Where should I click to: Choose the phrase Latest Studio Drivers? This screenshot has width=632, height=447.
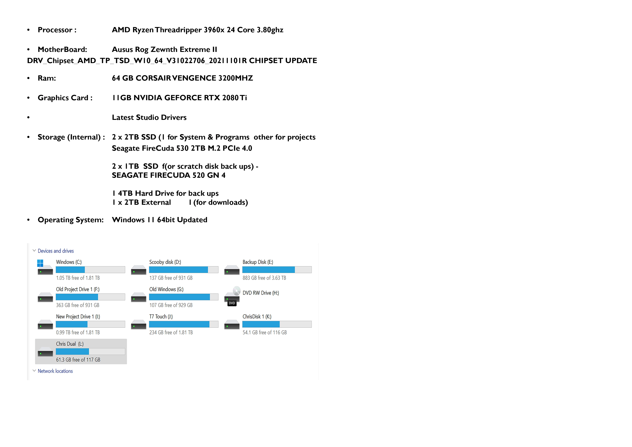pyautogui.click(x=149, y=117)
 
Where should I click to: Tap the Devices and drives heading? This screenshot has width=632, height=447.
pyautogui.click(x=56, y=251)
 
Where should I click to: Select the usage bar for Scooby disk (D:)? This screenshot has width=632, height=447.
pyautogui.click(x=184, y=270)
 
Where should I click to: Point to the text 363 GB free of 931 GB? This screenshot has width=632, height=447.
pyautogui.click(x=78, y=305)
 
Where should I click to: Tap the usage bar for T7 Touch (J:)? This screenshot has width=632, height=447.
pyautogui.click(x=184, y=324)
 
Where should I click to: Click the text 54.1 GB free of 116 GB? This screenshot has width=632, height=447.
pyautogui.click(x=264, y=332)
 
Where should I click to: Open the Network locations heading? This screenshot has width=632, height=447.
pyautogui.click(x=55, y=371)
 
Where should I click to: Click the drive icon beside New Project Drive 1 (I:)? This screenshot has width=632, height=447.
pyautogui.click(x=45, y=324)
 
